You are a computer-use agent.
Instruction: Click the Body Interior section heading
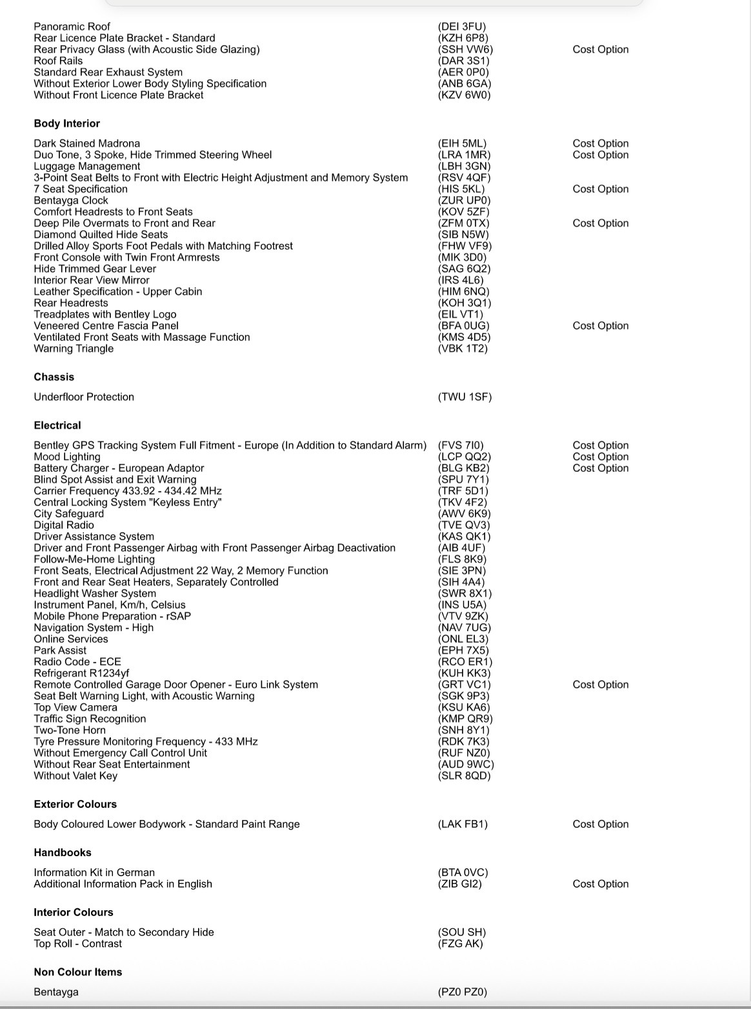coord(66,123)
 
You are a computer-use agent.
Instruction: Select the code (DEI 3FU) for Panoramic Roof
coord(461,26)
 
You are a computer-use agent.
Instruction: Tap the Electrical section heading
coord(57,425)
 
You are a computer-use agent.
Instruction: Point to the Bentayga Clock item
coord(71,200)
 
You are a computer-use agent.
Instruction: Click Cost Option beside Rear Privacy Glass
coord(600,49)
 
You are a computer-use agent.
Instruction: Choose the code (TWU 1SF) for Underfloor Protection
coord(465,397)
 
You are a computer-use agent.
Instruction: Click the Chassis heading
coord(54,377)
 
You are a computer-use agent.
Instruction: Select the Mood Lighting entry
coord(67,457)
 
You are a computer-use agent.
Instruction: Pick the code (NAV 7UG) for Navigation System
coord(464,627)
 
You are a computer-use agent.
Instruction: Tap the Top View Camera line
coord(75,707)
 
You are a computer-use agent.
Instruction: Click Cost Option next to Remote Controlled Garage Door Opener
coord(600,684)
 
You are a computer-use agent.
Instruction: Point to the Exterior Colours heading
coord(75,804)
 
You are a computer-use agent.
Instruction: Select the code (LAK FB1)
coord(463,824)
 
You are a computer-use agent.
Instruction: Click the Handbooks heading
coord(63,852)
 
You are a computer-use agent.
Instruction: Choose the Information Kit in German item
coord(94,872)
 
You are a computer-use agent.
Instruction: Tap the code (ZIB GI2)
coord(459,884)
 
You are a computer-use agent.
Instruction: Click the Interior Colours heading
coord(73,912)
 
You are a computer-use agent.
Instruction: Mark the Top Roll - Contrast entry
coord(77,943)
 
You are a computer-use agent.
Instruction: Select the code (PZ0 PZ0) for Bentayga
coord(462,992)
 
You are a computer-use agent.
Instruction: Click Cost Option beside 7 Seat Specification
coord(600,189)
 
